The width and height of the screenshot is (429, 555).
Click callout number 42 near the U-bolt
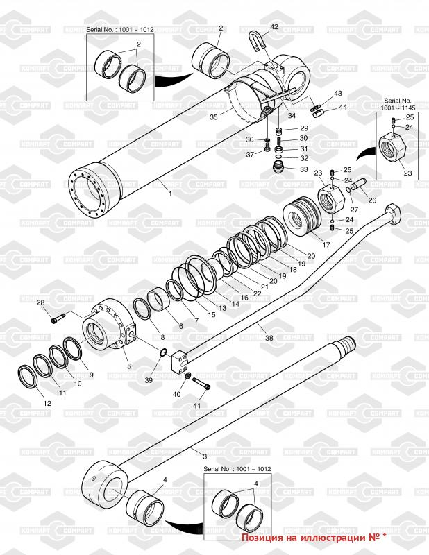[274, 26]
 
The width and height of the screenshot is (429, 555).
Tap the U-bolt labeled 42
[257, 42]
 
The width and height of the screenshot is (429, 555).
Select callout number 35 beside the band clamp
[213, 117]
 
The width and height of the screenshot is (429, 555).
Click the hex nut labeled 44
[317, 114]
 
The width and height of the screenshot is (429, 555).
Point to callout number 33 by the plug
[304, 169]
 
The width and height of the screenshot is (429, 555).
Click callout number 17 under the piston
[326, 244]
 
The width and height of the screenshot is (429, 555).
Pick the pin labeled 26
[358, 185]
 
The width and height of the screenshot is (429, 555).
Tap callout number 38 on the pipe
[269, 338]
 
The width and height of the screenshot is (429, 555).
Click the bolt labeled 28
[59, 318]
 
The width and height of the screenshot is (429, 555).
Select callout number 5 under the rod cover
[129, 366]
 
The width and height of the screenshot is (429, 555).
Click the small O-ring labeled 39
[163, 352]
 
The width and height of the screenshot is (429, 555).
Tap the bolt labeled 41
[201, 384]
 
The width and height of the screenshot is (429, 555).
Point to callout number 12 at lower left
[47, 403]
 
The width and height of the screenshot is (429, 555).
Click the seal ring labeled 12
[28, 377]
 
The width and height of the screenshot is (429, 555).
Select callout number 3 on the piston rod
[205, 456]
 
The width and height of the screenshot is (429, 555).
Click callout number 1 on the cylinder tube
[170, 194]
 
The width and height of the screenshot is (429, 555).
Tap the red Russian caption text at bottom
[314, 538]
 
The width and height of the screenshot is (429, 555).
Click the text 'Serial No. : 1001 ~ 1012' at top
[120, 30]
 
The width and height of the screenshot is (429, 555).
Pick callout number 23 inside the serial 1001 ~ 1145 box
[407, 173]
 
